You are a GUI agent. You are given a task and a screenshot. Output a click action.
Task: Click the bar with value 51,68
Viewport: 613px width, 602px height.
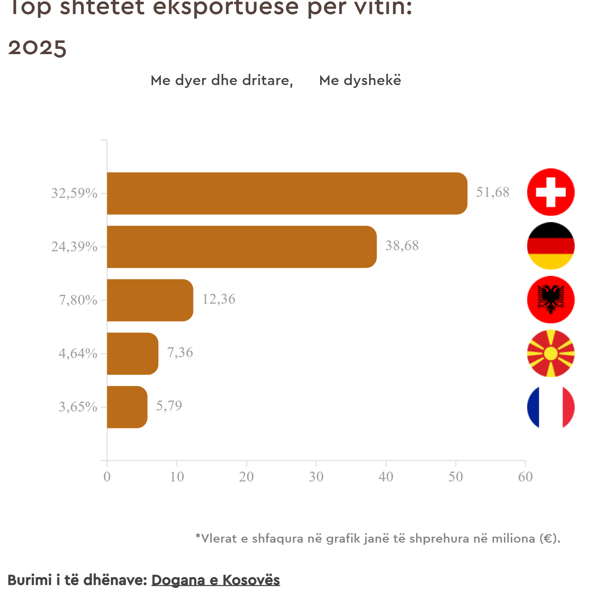[287, 193]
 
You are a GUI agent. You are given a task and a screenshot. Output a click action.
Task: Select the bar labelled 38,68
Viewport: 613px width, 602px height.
[242, 247]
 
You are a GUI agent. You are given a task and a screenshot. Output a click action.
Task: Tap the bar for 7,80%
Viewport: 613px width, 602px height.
[150, 300]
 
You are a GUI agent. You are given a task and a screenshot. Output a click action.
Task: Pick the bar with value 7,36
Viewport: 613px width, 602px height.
[133, 354]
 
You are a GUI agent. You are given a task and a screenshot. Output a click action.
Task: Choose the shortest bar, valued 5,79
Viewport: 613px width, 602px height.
[127, 407]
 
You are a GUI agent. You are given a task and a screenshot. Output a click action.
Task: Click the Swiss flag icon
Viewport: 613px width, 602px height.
[551, 192]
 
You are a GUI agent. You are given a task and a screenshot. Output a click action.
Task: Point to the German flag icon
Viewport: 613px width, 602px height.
[551, 246]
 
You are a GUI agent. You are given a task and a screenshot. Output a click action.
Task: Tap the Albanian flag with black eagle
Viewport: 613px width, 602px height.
[551, 300]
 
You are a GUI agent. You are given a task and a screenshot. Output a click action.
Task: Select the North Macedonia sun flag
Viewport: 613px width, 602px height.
[551, 353]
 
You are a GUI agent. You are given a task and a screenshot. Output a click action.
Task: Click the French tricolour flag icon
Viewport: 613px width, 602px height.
[551, 407]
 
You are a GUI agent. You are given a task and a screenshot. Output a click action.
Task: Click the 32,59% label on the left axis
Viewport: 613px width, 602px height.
[74, 193]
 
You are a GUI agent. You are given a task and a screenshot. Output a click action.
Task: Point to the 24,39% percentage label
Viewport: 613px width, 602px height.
[74, 247]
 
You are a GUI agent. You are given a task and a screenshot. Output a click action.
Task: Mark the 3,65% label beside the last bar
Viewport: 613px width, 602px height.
[78, 407]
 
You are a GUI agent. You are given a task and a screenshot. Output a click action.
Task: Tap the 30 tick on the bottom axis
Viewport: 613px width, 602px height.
[316, 477]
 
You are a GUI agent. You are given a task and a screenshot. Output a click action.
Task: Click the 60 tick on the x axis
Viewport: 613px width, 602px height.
[525, 477]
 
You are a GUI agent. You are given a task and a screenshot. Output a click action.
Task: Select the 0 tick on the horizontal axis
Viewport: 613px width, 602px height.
[107, 477]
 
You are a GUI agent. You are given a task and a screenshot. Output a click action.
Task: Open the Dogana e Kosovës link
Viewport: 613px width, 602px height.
[216, 580]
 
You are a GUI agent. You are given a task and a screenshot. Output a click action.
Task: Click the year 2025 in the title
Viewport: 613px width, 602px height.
[37, 48]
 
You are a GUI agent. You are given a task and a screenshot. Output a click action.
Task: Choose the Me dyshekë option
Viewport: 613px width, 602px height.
[360, 80]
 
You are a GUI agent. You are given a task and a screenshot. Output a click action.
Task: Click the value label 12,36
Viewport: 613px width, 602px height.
[219, 299]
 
